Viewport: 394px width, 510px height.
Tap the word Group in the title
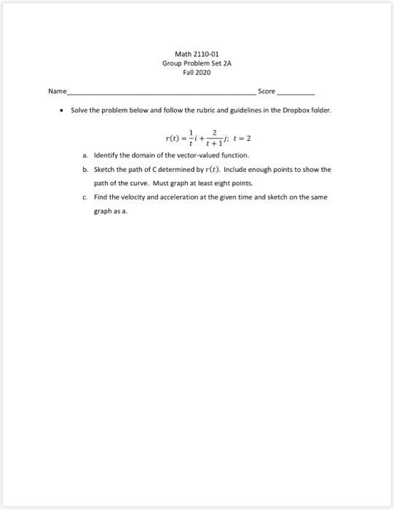point(173,63)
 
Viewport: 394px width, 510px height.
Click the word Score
point(267,92)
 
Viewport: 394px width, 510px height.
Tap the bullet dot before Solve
point(71,111)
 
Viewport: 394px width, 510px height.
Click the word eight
point(213,182)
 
